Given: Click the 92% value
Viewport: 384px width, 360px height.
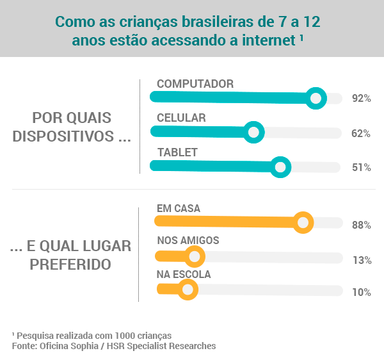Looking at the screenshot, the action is point(361,98).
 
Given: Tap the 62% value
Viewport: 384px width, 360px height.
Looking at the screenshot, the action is point(361,134).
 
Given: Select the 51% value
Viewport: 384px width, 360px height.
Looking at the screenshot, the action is point(361,167).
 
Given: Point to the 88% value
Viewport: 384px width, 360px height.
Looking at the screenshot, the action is point(362,225).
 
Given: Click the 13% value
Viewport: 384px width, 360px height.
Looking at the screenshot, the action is point(362,260).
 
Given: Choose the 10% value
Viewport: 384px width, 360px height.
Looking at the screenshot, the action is point(362,292).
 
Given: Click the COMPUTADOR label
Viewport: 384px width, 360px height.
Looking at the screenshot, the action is point(195,84).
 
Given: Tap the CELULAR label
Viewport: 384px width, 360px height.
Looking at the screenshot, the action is point(181,118).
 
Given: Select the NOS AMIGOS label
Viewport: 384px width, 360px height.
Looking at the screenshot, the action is point(188,240).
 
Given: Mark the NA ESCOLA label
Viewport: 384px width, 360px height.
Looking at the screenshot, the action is point(184,274).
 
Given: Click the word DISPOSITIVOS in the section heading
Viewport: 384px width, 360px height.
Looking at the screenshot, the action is point(63,136).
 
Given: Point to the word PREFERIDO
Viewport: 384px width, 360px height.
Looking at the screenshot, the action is point(70,265).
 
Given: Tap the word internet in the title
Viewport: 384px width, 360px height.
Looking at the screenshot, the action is point(269,40).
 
